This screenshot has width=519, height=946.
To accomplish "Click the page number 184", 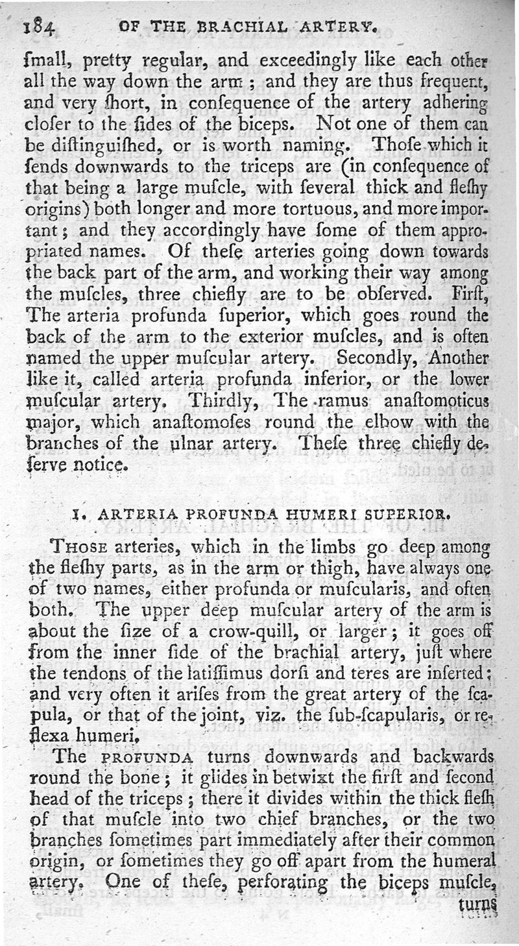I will pyautogui.click(x=41, y=28).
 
